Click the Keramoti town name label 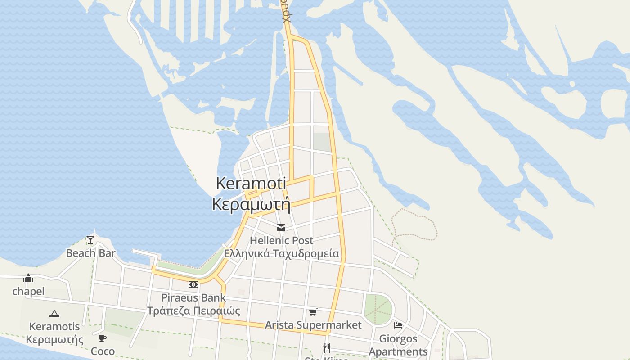coord(251,183)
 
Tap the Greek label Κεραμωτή coord(251,204)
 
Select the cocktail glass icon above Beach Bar coord(90,239)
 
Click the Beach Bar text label coord(90,253)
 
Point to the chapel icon coord(28,278)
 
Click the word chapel coord(28,291)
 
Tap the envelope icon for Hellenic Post coord(281,228)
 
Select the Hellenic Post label coord(281,240)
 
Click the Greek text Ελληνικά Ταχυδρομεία coord(281,253)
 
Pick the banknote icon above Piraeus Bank coord(193,284)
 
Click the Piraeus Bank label coord(193,297)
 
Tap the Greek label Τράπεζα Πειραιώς coord(193,310)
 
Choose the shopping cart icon coord(313,312)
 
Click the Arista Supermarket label coord(313,325)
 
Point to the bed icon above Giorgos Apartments coord(398,325)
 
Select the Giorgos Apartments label coord(398,345)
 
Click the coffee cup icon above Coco coord(103,338)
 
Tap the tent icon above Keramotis coord(54,314)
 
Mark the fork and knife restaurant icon coord(327,348)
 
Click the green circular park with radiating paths coord(378,309)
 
